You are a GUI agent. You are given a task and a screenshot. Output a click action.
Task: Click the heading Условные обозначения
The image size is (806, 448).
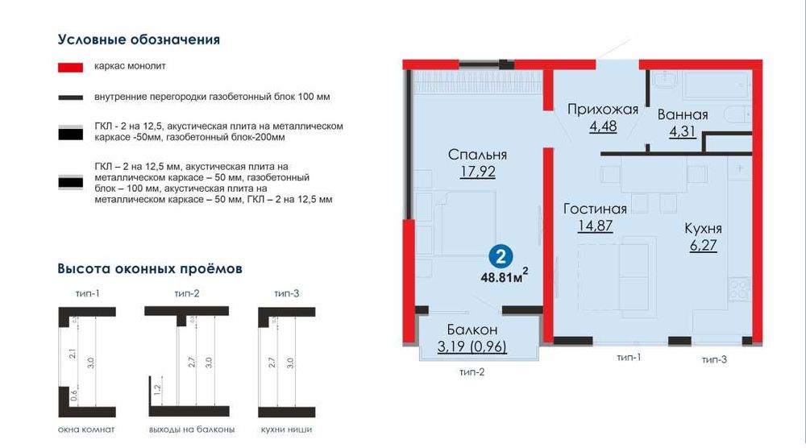pos(139,39)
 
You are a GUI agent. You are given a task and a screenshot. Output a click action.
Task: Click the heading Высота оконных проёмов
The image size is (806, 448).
pos(150,268)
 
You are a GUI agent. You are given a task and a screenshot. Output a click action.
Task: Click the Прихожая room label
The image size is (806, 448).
pos(602,110)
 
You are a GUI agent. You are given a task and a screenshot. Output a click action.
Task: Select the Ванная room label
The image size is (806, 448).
pos(682,114)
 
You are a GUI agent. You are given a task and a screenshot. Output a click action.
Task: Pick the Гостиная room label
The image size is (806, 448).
pos(595,209)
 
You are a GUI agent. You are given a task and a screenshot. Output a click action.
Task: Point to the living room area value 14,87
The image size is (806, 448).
pos(595,226)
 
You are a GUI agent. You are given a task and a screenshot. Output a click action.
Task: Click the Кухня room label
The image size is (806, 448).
pos(703,228)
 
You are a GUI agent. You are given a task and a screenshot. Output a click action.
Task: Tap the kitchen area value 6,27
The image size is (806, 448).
pos(703,245)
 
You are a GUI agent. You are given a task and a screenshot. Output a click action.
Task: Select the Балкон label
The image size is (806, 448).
pos(472,330)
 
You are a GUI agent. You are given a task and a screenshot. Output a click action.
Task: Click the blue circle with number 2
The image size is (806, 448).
pos(501,258)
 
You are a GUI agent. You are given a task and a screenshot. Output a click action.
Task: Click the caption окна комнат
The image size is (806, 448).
pos(86,431)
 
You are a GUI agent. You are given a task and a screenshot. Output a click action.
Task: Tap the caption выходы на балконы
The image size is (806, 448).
pos(192,431)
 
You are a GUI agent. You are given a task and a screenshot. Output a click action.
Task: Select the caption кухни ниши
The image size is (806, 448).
pos(286,431)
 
